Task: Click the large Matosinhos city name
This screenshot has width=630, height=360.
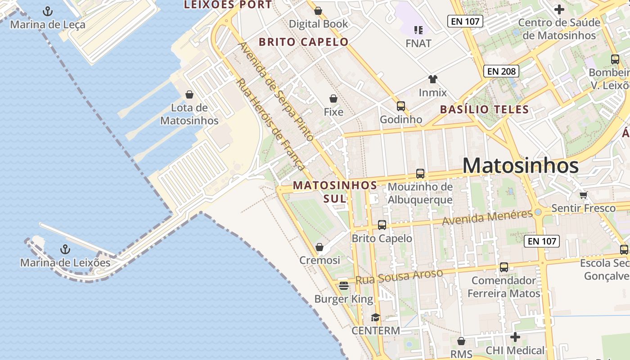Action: point(520,166)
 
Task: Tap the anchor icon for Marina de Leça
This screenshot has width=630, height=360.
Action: point(47,11)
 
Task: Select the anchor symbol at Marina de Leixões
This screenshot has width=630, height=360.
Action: point(66,249)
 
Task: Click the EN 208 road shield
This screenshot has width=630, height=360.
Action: point(501,71)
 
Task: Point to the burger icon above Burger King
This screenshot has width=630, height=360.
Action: point(344,286)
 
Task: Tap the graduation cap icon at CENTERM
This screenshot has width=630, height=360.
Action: point(375,318)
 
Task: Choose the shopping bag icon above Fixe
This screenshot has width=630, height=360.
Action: point(333,99)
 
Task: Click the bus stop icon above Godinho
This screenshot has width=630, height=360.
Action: point(400,106)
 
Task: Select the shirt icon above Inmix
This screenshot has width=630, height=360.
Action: point(432,80)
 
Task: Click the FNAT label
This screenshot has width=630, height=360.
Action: point(418,44)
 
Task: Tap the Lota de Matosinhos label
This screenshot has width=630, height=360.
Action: point(189,114)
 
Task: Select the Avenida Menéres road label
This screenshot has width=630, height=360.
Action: point(487,218)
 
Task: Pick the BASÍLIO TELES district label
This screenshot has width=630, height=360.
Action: point(484,109)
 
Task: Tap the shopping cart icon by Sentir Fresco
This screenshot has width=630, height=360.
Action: point(584,195)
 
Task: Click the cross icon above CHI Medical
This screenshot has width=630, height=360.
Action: point(515,337)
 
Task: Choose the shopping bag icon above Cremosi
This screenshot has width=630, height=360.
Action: point(319,247)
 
